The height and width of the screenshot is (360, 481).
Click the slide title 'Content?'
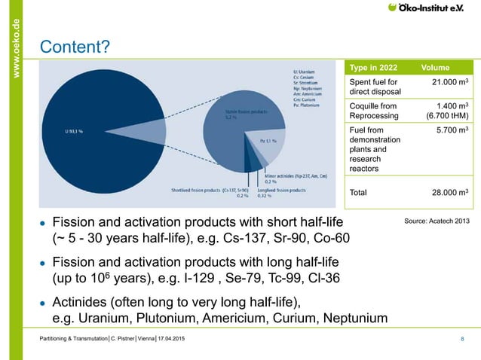point(75,47)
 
